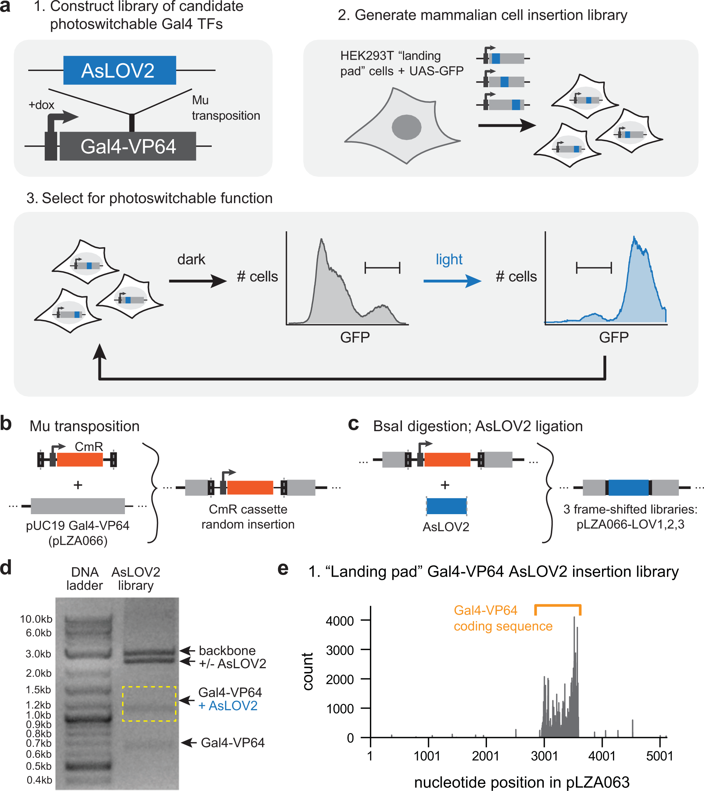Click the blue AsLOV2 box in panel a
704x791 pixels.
pos(120,70)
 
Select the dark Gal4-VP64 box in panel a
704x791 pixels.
pos(128,146)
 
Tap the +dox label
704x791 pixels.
pos(41,105)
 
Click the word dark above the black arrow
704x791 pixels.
pos(191,259)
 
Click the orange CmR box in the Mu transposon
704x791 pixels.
pos(80,459)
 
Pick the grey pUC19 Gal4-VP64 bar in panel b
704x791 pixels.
pos(78,506)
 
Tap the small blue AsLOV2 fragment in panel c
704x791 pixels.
pos(446,506)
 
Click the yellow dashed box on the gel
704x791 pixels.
pos(149,704)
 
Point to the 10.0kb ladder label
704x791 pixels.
pos(36,619)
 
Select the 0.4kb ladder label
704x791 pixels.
pos(39,780)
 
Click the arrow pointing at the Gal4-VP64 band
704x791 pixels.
pos(189,742)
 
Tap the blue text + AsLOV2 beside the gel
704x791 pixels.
pos(228,706)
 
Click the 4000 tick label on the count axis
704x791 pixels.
pos(339,621)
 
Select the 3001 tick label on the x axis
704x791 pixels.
pos(544,756)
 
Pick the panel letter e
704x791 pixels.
pos(283,569)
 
